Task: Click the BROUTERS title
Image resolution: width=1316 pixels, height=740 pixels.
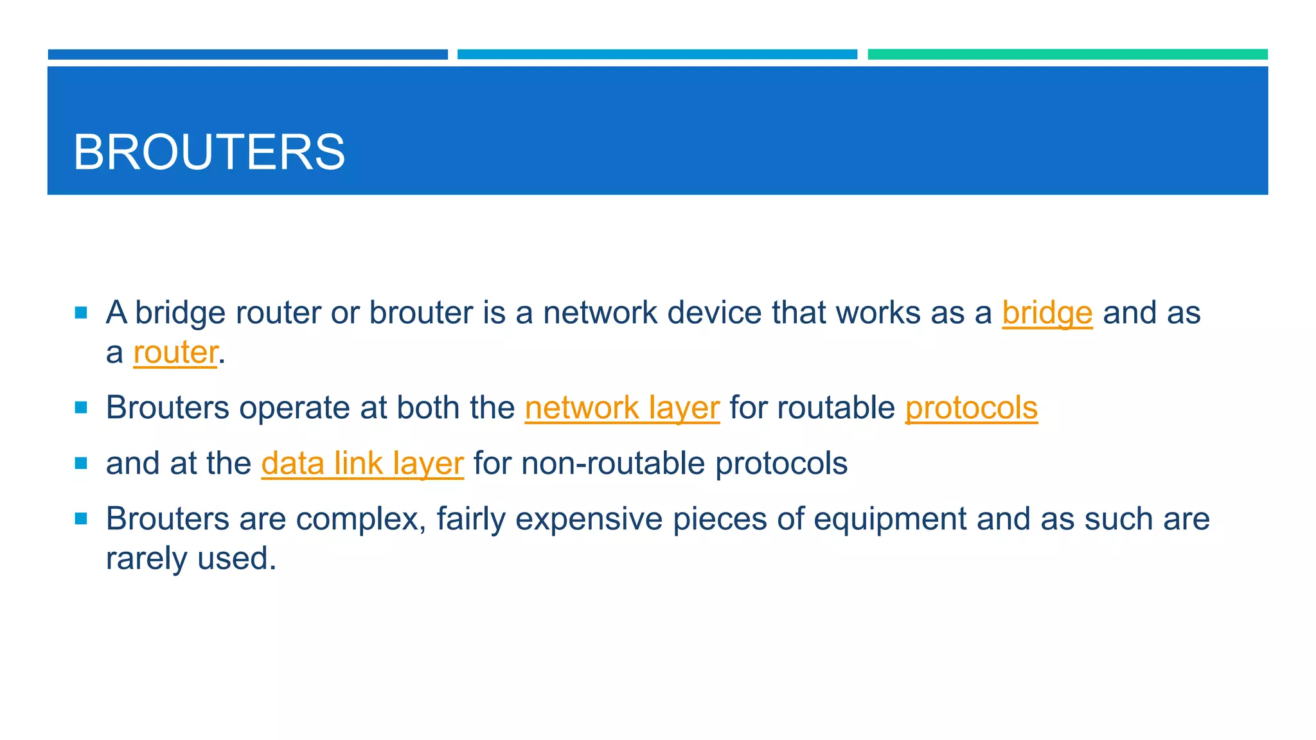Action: (x=209, y=152)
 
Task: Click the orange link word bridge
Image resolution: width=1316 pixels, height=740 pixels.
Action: (x=1047, y=313)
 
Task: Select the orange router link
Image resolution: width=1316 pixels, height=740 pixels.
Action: (x=175, y=352)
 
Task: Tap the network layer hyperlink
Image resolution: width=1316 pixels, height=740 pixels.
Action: (x=622, y=408)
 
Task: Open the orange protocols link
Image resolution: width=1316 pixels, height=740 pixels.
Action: (x=971, y=408)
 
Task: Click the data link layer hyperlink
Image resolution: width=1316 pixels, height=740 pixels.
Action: (x=362, y=463)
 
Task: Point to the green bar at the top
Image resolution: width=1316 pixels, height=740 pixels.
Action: (x=1067, y=55)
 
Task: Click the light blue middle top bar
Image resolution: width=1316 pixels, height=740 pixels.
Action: (x=657, y=55)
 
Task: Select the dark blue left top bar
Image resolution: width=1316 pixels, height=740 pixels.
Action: (x=247, y=55)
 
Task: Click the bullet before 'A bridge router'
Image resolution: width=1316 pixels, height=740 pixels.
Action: (x=81, y=313)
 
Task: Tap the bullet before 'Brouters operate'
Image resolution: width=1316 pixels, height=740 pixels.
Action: (x=81, y=408)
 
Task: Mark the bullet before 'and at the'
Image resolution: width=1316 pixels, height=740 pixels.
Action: (x=81, y=463)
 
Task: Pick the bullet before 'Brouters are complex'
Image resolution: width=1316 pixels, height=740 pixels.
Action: (x=81, y=519)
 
